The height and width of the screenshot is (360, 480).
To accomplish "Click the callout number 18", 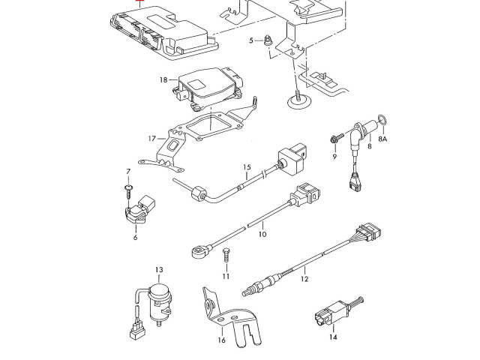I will [163, 79].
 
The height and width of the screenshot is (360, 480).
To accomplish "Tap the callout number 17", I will [151, 139].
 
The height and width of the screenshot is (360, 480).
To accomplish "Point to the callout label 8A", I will [382, 139].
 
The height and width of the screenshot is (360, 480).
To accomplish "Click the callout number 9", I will [334, 156].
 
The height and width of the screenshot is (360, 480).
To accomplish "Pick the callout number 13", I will [159, 269].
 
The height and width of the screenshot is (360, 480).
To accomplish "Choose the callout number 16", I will [221, 340].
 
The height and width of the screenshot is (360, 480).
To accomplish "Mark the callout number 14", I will [333, 337].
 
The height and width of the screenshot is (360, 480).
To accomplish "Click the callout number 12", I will [304, 279].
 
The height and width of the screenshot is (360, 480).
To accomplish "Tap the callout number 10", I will [262, 234].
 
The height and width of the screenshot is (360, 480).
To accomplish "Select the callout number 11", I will [225, 277].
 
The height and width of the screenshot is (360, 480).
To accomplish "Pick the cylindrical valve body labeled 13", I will [159, 300].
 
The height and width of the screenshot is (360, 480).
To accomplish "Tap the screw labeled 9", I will [333, 139].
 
